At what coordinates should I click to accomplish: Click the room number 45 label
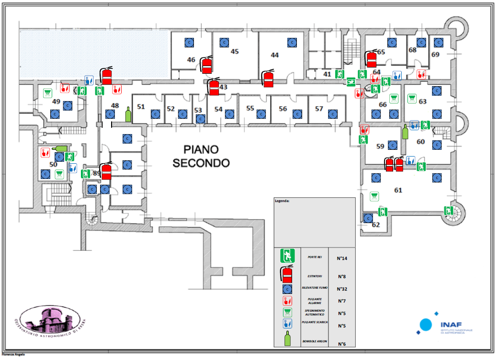point(235,51)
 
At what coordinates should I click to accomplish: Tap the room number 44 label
point(274,55)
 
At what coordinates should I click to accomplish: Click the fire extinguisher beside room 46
point(207,65)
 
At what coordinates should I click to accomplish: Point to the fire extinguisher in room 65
point(371,58)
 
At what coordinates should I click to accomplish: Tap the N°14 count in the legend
point(341,259)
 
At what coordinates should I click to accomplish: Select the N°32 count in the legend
point(341,289)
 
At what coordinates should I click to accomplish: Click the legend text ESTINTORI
point(315,276)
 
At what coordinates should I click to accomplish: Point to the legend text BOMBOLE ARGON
point(315,341)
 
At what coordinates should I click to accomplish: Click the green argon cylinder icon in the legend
point(287,338)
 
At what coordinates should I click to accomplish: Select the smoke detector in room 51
point(155,114)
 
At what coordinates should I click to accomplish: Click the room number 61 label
point(398,190)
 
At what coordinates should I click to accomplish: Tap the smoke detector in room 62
point(368,218)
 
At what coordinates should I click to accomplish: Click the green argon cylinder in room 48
point(128,114)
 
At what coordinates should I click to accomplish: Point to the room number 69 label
point(435,54)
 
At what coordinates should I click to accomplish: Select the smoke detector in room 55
point(261,114)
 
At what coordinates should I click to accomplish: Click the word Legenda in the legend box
point(282,202)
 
